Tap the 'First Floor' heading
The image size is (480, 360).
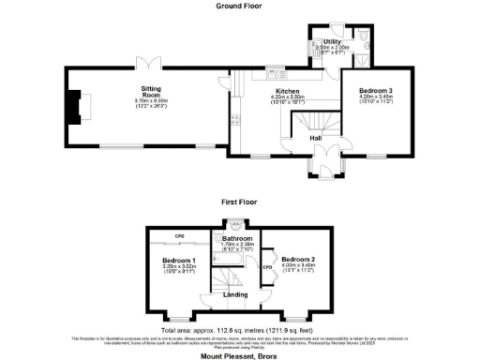click(240, 201)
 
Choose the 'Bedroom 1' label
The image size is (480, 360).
click(179, 259)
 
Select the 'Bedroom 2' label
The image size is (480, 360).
click(297, 258)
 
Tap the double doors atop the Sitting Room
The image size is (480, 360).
click(143, 62)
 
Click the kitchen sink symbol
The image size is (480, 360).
click(280, 70)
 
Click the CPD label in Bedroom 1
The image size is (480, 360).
click(178, 235)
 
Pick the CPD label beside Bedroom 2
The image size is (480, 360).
click(267, 266)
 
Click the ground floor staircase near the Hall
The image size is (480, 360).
click(312, 122)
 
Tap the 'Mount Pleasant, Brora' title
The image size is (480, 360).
click(240, 356)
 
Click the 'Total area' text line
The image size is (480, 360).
click(240, 329)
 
